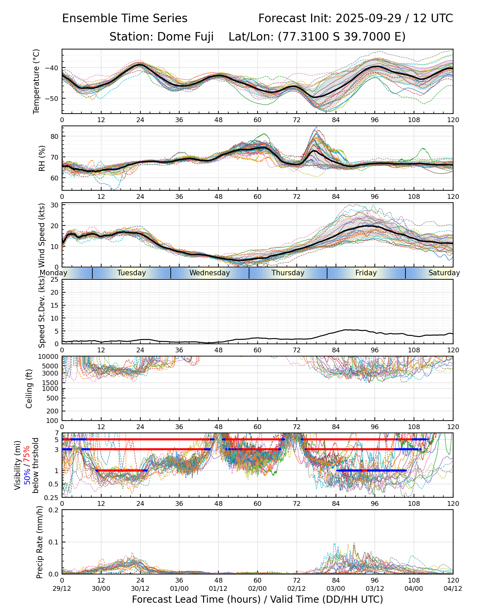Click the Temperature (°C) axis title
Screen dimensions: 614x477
[x=36, y=81]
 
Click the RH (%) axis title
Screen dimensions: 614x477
[x=42, y=158]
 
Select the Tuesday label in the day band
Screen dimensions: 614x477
[x=132, y=273]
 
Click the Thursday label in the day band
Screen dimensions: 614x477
[x=288, y=273]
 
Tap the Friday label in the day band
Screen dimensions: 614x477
[x=366, y=273]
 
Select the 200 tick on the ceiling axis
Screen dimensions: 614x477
[x=52, y=411]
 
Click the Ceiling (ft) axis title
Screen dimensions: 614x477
[x=30, y=389]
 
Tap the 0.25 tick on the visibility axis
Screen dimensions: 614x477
[x=52, y=497]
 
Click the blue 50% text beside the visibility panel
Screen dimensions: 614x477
[x=28, y=479]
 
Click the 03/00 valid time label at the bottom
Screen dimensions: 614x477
[x=336, y=588]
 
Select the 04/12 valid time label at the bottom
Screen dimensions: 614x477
[x=453, y=588]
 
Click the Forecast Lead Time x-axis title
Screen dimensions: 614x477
[x=257, y=599]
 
